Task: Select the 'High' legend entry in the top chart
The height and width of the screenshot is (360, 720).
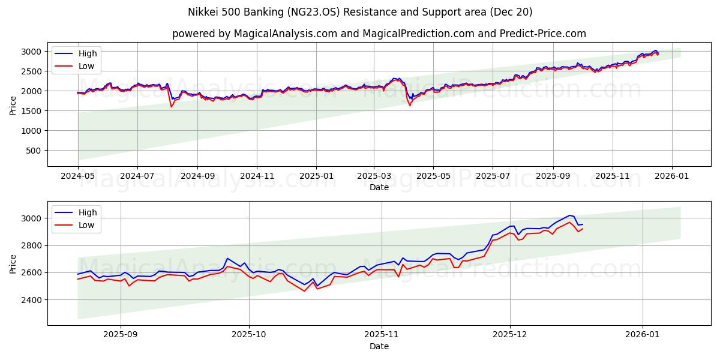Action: (x=88, y=54)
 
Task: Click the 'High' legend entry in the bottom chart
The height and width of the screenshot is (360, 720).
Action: (x=88, y=212)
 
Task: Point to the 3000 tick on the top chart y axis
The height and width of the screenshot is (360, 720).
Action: (x=32, y=52)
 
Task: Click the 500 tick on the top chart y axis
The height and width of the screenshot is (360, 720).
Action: (x=35, y=151)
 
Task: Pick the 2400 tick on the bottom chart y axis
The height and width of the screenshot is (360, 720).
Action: (x=32, y=299)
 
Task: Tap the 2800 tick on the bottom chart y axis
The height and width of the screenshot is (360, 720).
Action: (x=32, y=245)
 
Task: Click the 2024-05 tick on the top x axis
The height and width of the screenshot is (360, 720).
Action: (x=77, y=178)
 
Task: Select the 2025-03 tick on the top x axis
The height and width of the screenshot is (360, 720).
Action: (x=374, y=178)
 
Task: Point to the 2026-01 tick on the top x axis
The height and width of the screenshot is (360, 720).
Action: (x=671, y=178)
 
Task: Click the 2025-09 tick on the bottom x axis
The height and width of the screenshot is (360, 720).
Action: (x=121, y=336)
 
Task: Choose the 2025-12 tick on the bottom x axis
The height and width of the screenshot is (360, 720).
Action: (x=510, y=336)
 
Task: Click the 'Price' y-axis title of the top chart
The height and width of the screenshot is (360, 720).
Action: (x=13, y=105)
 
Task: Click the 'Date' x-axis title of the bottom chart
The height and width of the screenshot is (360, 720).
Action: (x=379, y=347)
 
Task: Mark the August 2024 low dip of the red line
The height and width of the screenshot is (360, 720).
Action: (x=172, y=107)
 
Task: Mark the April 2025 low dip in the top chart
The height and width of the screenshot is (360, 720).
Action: (x=410, y=106)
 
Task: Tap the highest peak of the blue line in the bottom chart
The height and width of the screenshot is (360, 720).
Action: (x=570, y=215)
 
